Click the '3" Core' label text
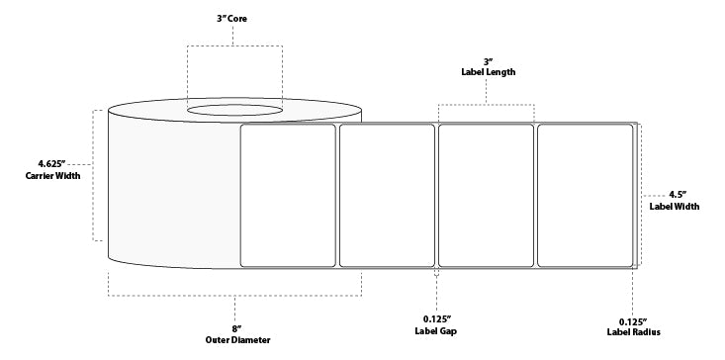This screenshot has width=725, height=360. coord(233,19)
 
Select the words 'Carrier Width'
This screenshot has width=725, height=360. coord(51,176)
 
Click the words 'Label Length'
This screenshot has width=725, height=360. coord(487,71)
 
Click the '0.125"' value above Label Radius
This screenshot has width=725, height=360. coord(634,320)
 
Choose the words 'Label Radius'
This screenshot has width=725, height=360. coord(634,333)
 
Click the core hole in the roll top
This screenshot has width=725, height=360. coord(234,108)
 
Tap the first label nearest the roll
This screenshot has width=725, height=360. coord(289,195)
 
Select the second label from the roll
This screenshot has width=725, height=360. coord(387,195)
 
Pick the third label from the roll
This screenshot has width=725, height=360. coord(486,195)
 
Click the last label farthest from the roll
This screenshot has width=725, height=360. coord(584,195)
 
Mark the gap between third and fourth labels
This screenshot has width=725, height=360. coord(535,195)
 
